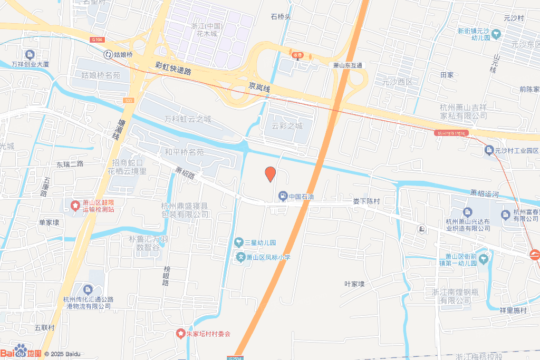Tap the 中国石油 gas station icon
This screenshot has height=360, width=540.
(x=283, y=197)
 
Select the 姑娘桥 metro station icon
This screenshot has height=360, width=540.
(x=108, y=54)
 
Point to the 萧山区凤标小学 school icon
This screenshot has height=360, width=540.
(x=240, y=257)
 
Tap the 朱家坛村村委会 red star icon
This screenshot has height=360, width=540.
(x=180, y=334)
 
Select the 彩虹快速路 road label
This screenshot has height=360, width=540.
(x=173, y=67)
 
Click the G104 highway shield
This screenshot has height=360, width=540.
(x=96, y=40)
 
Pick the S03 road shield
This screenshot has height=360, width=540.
(x=129, y=100)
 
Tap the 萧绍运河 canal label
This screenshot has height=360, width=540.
(x=484, y=193)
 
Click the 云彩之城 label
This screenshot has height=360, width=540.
(x=287, y=126)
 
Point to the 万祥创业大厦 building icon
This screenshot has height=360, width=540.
(x=30, y=54)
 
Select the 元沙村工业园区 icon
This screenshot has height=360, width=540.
(x=488, y=151)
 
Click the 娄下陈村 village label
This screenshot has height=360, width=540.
(x=366, y=201)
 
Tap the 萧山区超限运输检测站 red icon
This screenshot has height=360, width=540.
(x=75, y=204)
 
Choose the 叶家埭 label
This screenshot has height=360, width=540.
(x=354, y=284)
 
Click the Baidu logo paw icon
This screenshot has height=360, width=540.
(x=21, y=349)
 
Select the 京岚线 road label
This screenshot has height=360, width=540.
(x=259, y=87)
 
